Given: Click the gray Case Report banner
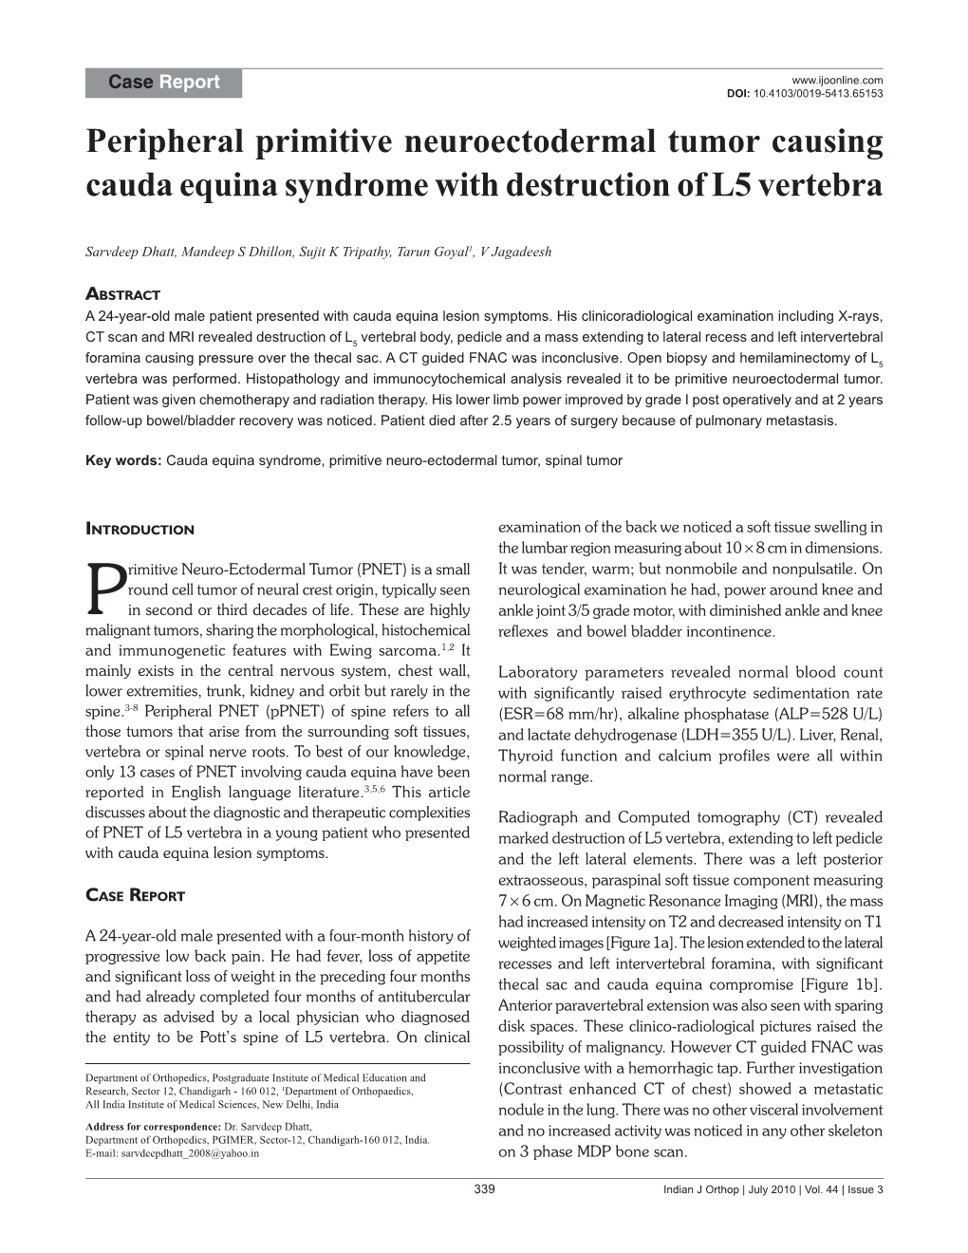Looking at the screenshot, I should pyautogui.click(x=163, y=83).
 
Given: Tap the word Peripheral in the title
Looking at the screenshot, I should pyautogui.click(x=163, y=142).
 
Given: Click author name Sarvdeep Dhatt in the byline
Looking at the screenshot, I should pyautogui.click(x=127, y=252).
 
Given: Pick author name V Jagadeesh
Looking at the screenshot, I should pyautogui.click(x=516, y=252).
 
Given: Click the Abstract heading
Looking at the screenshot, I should pyautogui.click(x=122, y=294).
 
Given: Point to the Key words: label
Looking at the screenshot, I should pyautogui.click(x=123, y=461).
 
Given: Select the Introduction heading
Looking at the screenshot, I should pyautogui.click(x=140, y=530).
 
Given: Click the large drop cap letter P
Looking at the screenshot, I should pyautogui.click(x=104, y=589).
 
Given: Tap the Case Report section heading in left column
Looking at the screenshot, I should pyautogui.click(x=135, y=895).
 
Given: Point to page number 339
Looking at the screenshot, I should pyautogui.click(x=484, y=1190).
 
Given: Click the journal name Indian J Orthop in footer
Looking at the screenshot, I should pyautogui.click(x=703, y=1190).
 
